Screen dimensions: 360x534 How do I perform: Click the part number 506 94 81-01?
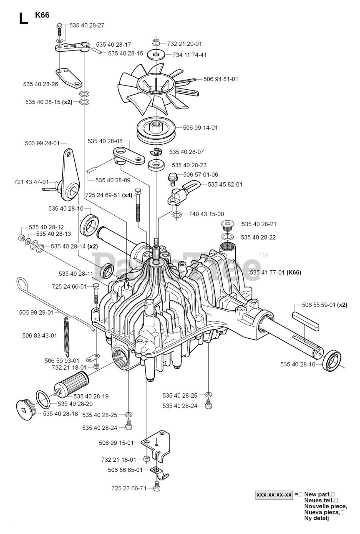coord(221,79)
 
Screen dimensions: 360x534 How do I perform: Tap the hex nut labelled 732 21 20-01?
coord(156,43)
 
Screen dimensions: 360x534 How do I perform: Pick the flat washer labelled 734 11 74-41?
coord(156,55)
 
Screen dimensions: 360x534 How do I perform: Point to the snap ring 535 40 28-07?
coord(156,152)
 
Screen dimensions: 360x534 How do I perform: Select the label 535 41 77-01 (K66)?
coord(276,272)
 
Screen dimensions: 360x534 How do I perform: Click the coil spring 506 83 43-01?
coord(67,334)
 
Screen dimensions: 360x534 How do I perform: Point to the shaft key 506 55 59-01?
coord(305,321)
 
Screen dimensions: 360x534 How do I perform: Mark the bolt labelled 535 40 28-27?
coord(60,29)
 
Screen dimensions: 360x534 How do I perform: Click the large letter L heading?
coord(23,18)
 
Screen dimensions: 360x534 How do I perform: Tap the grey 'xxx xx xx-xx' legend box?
coord(274,495)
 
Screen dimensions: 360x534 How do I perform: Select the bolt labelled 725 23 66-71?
coord(156,486)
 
